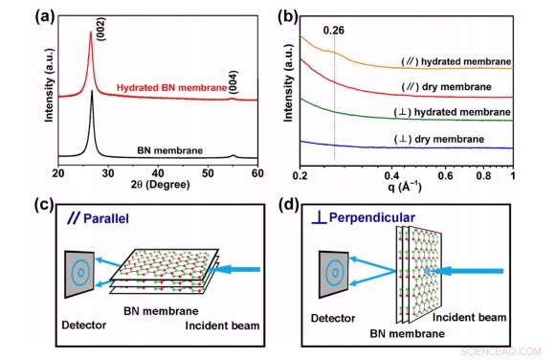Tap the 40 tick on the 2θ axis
point(158,173)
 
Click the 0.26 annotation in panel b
point(334,30)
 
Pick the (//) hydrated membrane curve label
point(456,61)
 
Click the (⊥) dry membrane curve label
point(441,139)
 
